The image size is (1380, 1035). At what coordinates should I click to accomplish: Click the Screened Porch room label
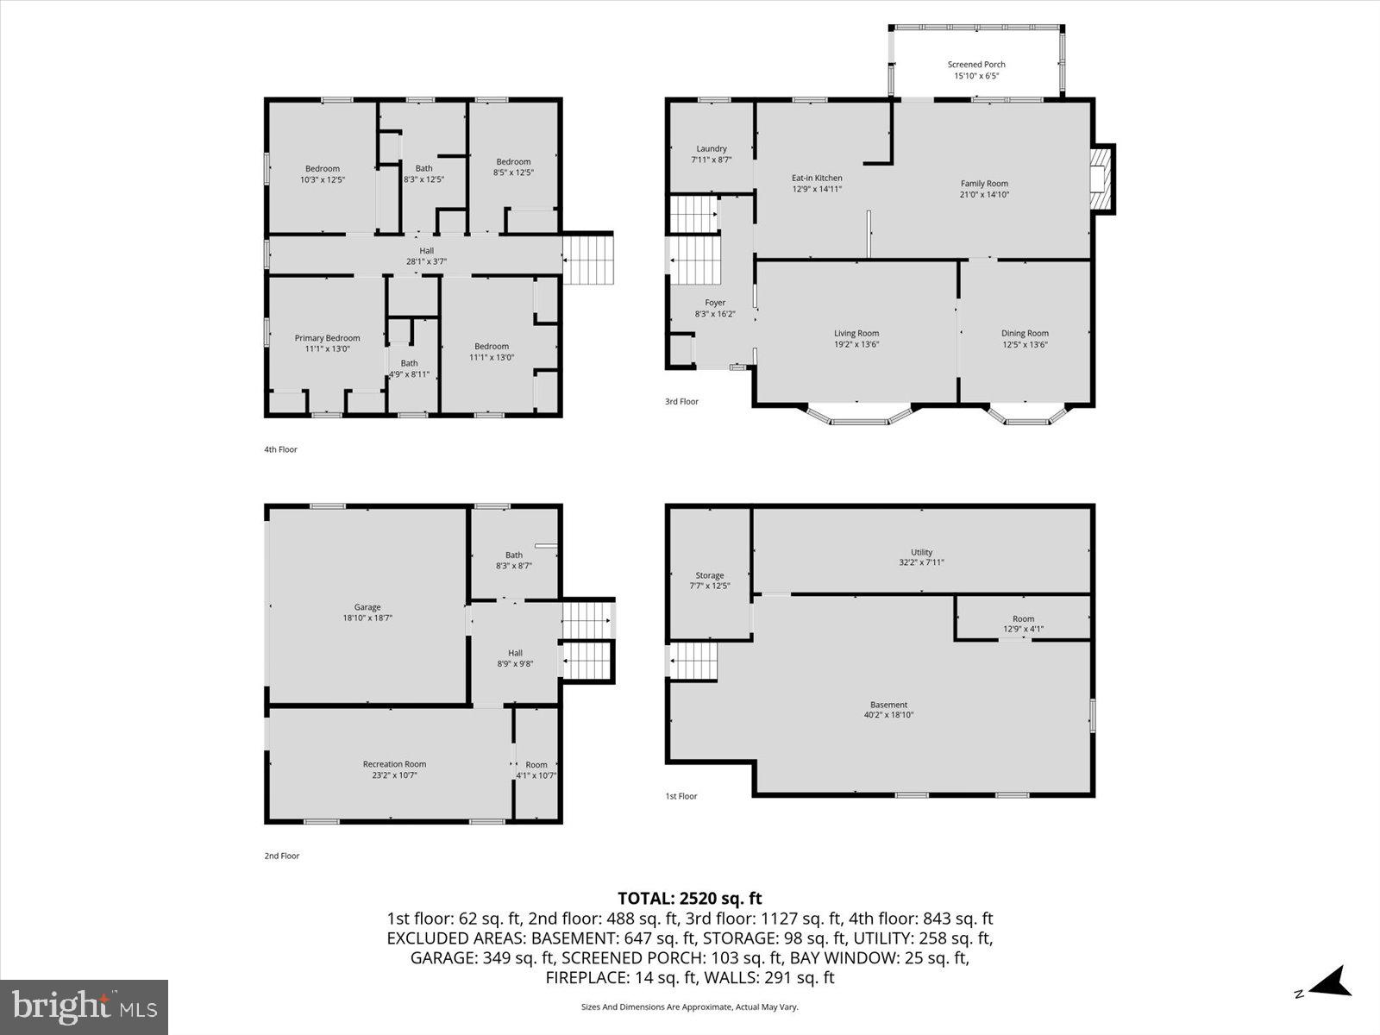pos(976,65)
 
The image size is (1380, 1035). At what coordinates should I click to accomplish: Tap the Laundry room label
pos(712,149)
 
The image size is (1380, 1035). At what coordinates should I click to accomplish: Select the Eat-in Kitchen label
pos(817,179)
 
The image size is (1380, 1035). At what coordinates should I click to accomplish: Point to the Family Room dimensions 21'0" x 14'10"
pos(985,195)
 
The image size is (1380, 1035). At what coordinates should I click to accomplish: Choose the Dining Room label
pos(1025,334)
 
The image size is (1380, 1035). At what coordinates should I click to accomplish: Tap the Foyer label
pos(715,303)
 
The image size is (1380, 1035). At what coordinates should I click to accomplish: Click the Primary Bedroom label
pos(327,338)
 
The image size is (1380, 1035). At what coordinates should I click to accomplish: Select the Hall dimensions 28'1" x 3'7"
pos(427,261)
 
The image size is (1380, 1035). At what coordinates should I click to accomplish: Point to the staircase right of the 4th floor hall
pos(588,259)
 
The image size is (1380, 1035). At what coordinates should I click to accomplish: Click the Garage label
pos(367,607)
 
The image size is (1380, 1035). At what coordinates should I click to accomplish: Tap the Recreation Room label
pos(394,764)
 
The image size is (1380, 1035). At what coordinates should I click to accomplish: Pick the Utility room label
pos(922,553)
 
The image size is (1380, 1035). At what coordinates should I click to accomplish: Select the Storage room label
pos(710,575)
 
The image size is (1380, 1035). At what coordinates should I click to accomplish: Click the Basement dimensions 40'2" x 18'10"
pos(888,715)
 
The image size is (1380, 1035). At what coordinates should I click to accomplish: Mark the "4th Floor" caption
pos(280,449)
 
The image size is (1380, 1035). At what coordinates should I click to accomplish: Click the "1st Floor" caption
pos(681,796)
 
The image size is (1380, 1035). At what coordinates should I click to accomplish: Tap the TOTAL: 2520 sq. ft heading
pos(689,899)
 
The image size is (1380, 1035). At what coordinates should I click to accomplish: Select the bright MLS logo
pos(85,1007)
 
